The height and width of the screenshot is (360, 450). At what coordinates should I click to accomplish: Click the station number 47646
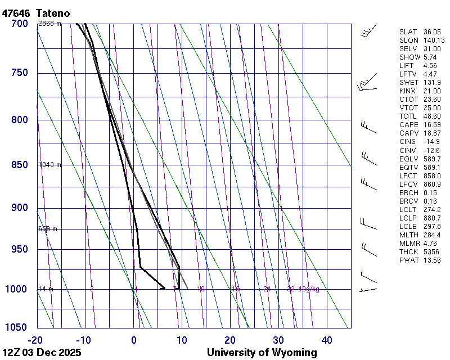(15, 13)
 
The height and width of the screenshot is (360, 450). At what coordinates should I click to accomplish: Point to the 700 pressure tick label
(19, 24)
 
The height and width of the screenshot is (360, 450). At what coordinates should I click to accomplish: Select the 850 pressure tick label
(19, 165)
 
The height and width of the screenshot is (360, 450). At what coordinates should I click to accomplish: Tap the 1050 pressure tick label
(17, 328)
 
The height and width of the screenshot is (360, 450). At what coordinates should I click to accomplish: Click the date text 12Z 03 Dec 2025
(42, 353)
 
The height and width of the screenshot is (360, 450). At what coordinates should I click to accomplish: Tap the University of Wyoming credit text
(262, 353)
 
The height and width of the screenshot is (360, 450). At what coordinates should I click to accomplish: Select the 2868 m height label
(49, 24)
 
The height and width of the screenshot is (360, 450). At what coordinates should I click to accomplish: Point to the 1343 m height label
(49, 165)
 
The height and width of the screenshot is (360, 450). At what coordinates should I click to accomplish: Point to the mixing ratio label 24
(267, 289)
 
